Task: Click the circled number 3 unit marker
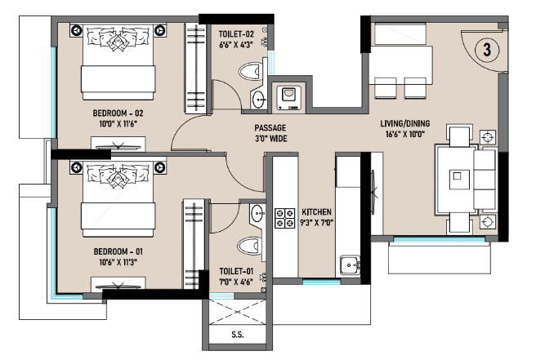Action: pos(487,50)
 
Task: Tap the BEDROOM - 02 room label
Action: pos(118,113)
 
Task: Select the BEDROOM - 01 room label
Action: pos(118,251)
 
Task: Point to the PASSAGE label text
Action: pos(270,127)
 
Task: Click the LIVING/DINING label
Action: pos(405,123)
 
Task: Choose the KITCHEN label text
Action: pos(316,211)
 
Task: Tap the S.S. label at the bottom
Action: pos(238,335)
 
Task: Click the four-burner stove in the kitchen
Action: pos(284,218)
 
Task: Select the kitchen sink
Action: pos(350,265)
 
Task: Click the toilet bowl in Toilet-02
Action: pos(250,72)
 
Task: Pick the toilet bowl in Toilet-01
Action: pos(249,246)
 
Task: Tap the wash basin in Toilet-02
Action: pos(258,100)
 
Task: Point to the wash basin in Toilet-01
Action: pos(257,214)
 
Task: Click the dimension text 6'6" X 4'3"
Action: pos(236,45)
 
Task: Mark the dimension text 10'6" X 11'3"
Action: pos(118,262)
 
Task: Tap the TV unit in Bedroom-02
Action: pos(118,144)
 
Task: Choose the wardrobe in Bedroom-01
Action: pos(194,243)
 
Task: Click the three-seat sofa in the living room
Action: pos(485,180)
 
